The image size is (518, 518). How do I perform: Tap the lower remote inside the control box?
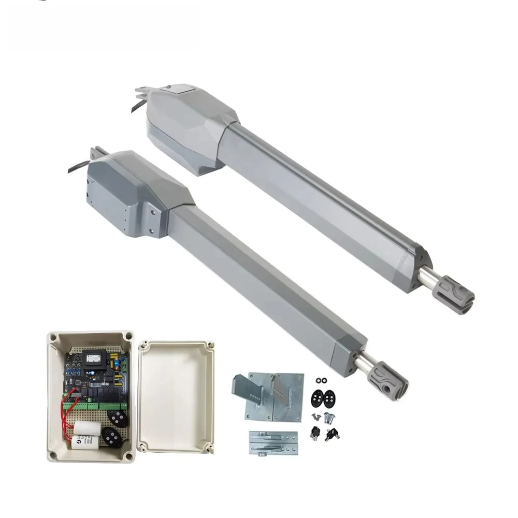pos(111,438)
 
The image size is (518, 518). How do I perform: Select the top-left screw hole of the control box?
pos(53,338)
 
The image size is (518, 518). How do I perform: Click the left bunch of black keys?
pos(314,433)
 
